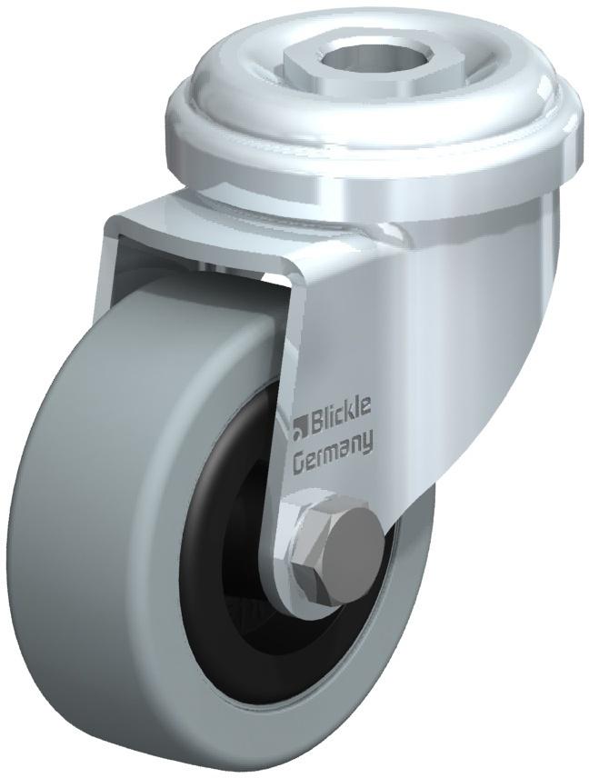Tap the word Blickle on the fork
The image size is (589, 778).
pos(340,421)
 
